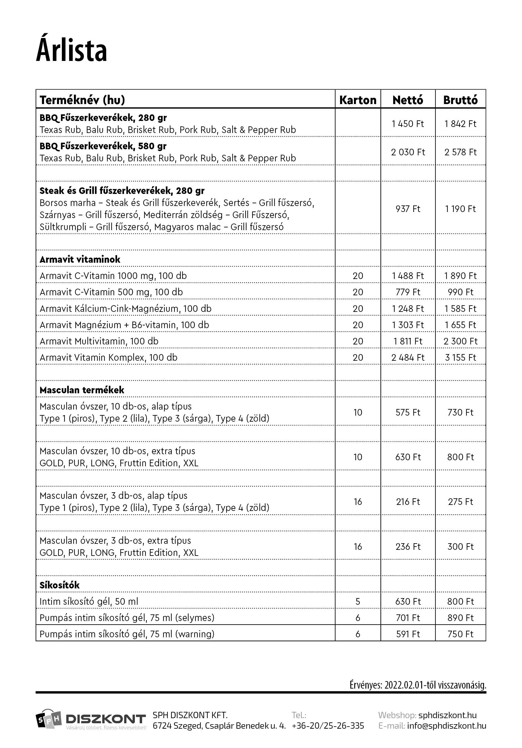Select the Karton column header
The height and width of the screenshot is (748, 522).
pos(358,100)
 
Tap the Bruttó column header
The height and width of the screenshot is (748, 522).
pos(460,100)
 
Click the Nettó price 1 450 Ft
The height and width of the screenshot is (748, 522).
pos(408,124)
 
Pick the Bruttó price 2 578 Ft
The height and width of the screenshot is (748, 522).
pos(460,152)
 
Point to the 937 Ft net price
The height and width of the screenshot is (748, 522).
pos(408,209)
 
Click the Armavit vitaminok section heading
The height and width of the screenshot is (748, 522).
pos(80,260)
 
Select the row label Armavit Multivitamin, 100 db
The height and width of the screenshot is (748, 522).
pos(99,341)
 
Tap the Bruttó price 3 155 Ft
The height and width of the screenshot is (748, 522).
pos(460,358)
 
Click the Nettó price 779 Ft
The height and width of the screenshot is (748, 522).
pos(408,292)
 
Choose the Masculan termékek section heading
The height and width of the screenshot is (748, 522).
pos(82,390)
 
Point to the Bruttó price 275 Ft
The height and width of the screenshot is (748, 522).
pos(460,502)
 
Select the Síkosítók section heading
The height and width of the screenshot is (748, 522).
pos(59,585)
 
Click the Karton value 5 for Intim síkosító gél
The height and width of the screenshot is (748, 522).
pos(358,601)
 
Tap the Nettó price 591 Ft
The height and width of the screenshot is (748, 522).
pos(408,634)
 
